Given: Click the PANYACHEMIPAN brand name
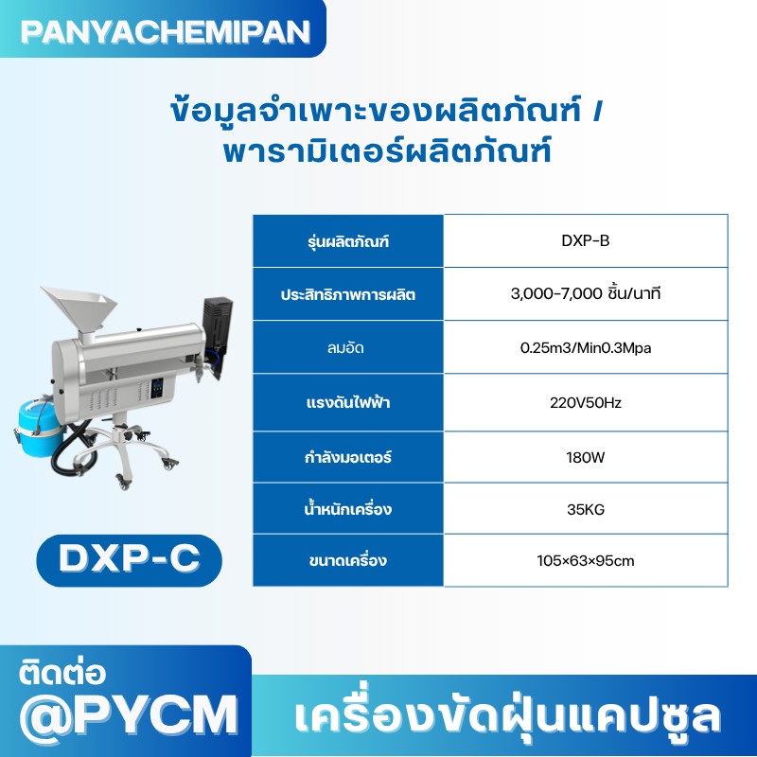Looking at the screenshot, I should pyautogui.click(x=165, y=30).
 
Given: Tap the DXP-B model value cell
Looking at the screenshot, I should pyautogui.click(x=585, y=240).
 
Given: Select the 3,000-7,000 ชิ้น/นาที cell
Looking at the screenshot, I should pyautogui.click(x=585, y=294).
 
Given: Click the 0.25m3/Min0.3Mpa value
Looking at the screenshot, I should pyautogui.click(x=585, y=348).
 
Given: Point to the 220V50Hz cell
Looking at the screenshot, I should pyautogui.click(x=585, y=402).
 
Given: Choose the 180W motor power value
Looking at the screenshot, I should pyautogui.click(x=585, y=457).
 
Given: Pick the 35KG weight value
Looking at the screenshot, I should pyautogui.click(x=585, y=510).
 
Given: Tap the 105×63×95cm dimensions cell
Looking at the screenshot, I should pyautogui.click(x=585, y=561).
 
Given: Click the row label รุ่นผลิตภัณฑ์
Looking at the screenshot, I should pyautogui.click(x=348, y=241).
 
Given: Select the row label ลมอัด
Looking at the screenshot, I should pyautogui.click(x=348, y=348).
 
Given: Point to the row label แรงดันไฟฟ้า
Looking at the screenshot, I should pyautogui.click(x=348, y=402).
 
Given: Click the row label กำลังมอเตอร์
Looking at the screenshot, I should pyautogui.click(x=348, y=457).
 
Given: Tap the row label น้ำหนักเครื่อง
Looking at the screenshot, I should pyautogui.click(x=348, y=510).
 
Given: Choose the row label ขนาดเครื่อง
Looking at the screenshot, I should pyautogui.click(x=348, y=561).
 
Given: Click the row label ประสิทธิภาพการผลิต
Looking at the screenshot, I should pyautogui.click(x=348, y=294).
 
